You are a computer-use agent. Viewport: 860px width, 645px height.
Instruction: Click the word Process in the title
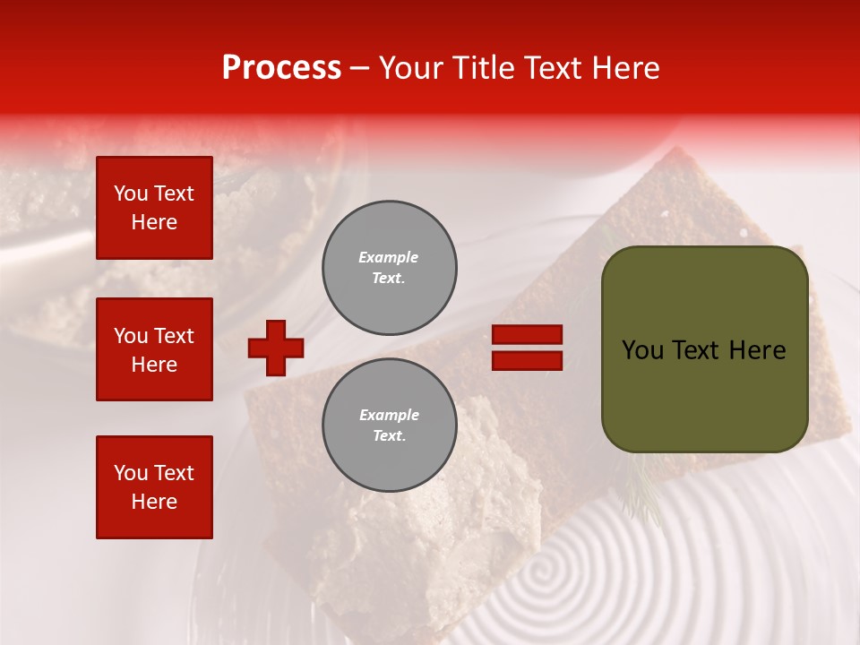point(281,68)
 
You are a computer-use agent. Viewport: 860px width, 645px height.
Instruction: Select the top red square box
point(154,208)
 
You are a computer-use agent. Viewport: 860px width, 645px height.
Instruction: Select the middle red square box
point(154,349)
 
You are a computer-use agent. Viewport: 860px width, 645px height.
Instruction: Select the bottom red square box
point(154,487)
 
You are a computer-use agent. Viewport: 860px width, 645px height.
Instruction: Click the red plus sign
point(276,348)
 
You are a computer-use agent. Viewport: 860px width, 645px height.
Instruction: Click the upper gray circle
point(390,268)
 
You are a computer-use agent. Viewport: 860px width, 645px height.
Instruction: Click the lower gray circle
point(390,426)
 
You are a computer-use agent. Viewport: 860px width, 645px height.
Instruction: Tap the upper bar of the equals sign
point(528,335)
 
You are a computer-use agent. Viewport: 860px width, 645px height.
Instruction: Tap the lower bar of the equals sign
point(528,361)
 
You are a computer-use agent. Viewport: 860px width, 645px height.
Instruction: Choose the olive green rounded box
point(704,349)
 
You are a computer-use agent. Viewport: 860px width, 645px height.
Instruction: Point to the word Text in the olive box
point(698,350)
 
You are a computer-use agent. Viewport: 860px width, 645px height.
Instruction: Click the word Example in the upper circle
point(388,258)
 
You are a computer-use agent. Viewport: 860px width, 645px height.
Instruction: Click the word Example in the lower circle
point(389,416)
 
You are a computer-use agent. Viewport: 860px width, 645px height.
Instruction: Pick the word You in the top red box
point(131,193)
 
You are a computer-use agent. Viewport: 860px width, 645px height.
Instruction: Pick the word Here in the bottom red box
point(154,502)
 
